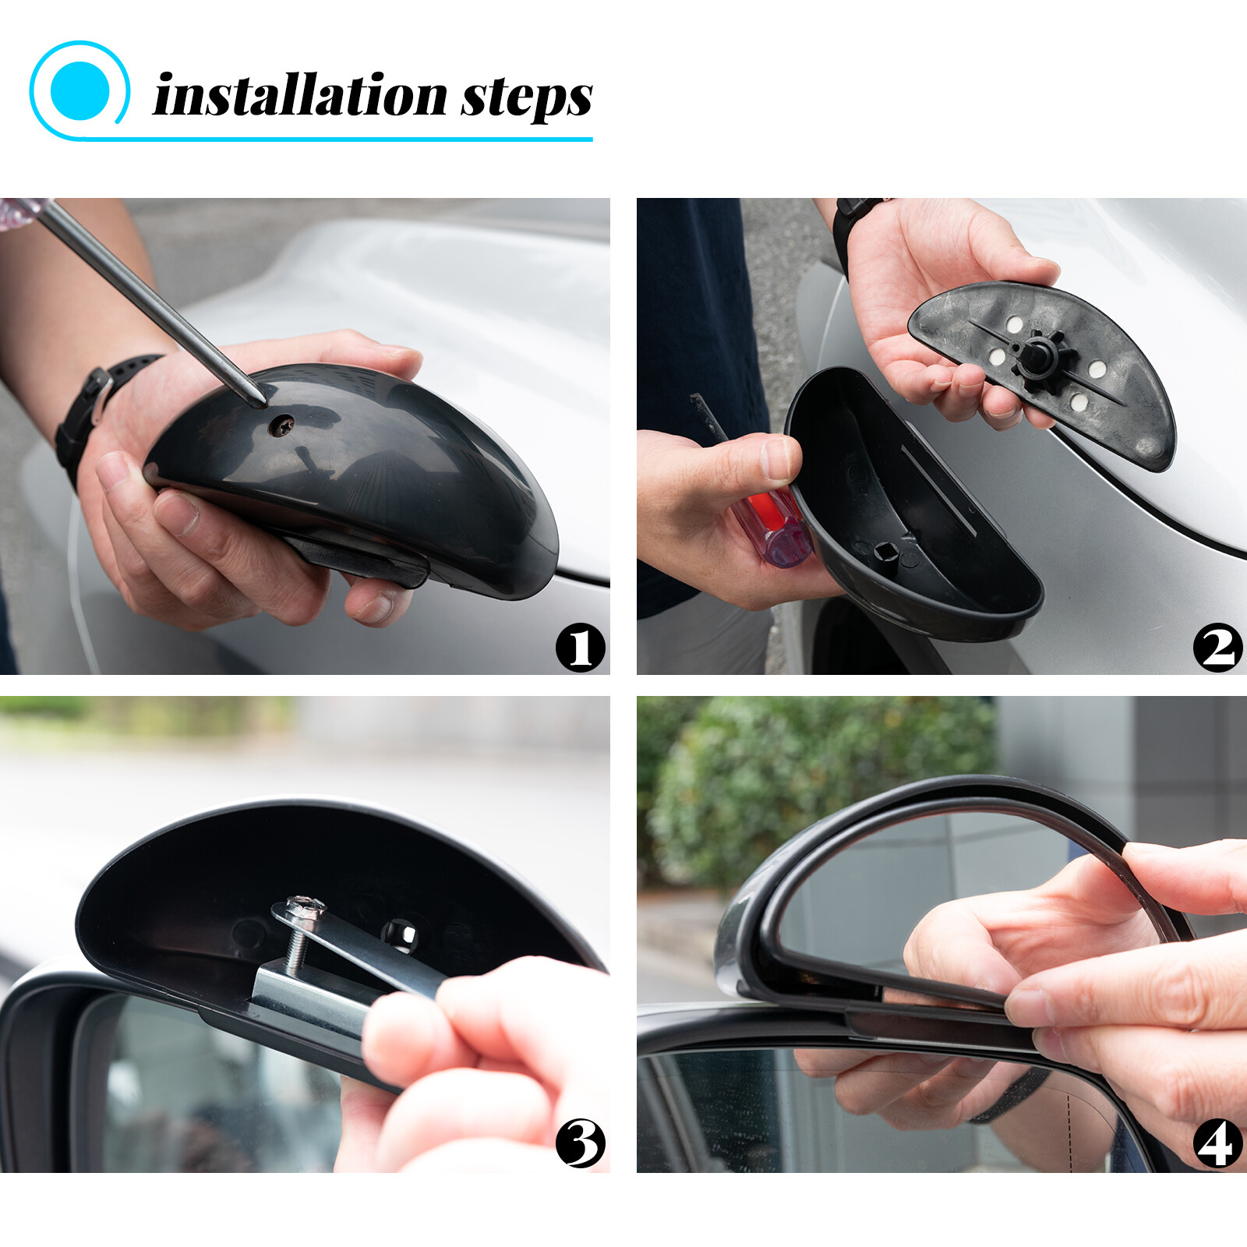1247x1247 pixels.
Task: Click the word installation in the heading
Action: (x=300, y=97)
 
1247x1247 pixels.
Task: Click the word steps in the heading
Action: (x=526, y=98)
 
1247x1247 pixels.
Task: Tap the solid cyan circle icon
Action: (x=79, y=90)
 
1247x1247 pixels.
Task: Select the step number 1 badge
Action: (x=580, y=647)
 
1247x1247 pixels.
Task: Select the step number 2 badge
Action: (x=1217, y=647)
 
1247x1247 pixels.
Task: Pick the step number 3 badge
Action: (x=580, y=1143)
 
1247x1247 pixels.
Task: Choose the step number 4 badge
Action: (x=1217, y=1143)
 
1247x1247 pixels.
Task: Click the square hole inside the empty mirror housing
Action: (x=885, y=553)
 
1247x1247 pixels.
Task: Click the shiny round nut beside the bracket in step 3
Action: (x=399, y=933)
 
